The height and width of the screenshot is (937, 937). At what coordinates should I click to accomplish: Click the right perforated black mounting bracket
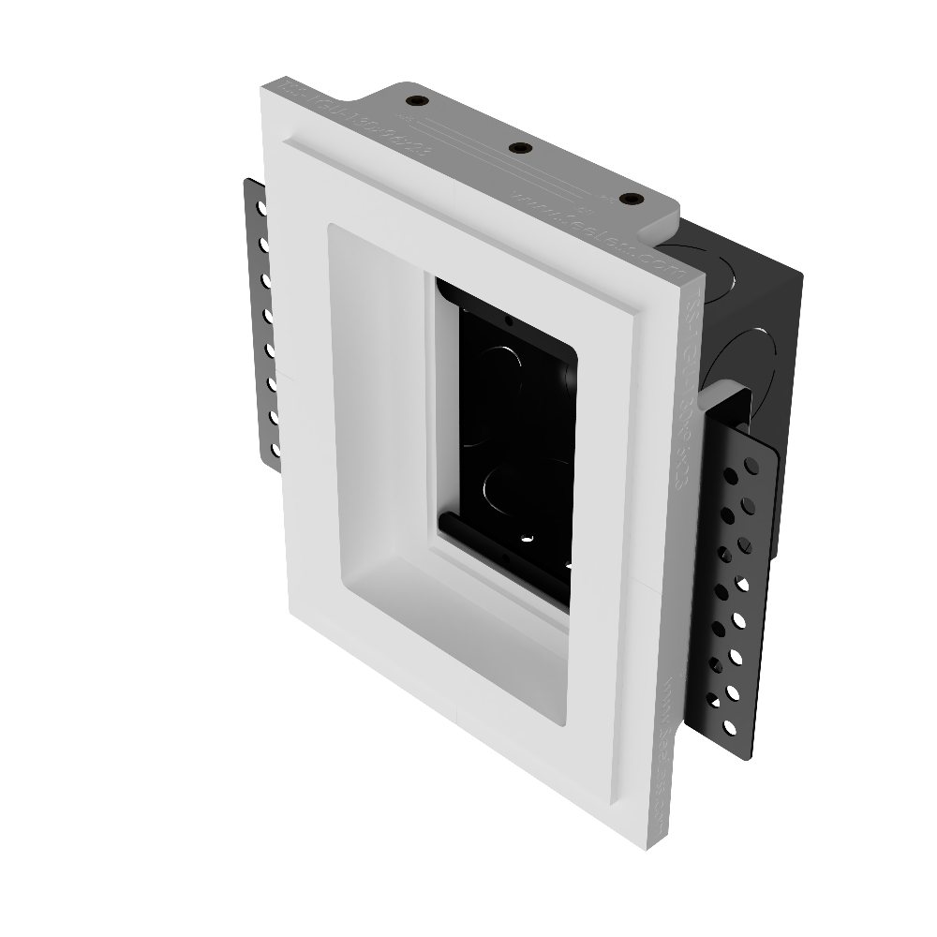pyautogui.click(x=740, y=581)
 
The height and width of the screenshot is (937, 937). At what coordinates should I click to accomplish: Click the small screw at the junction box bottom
pyautogui.click(x=525, y=538)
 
